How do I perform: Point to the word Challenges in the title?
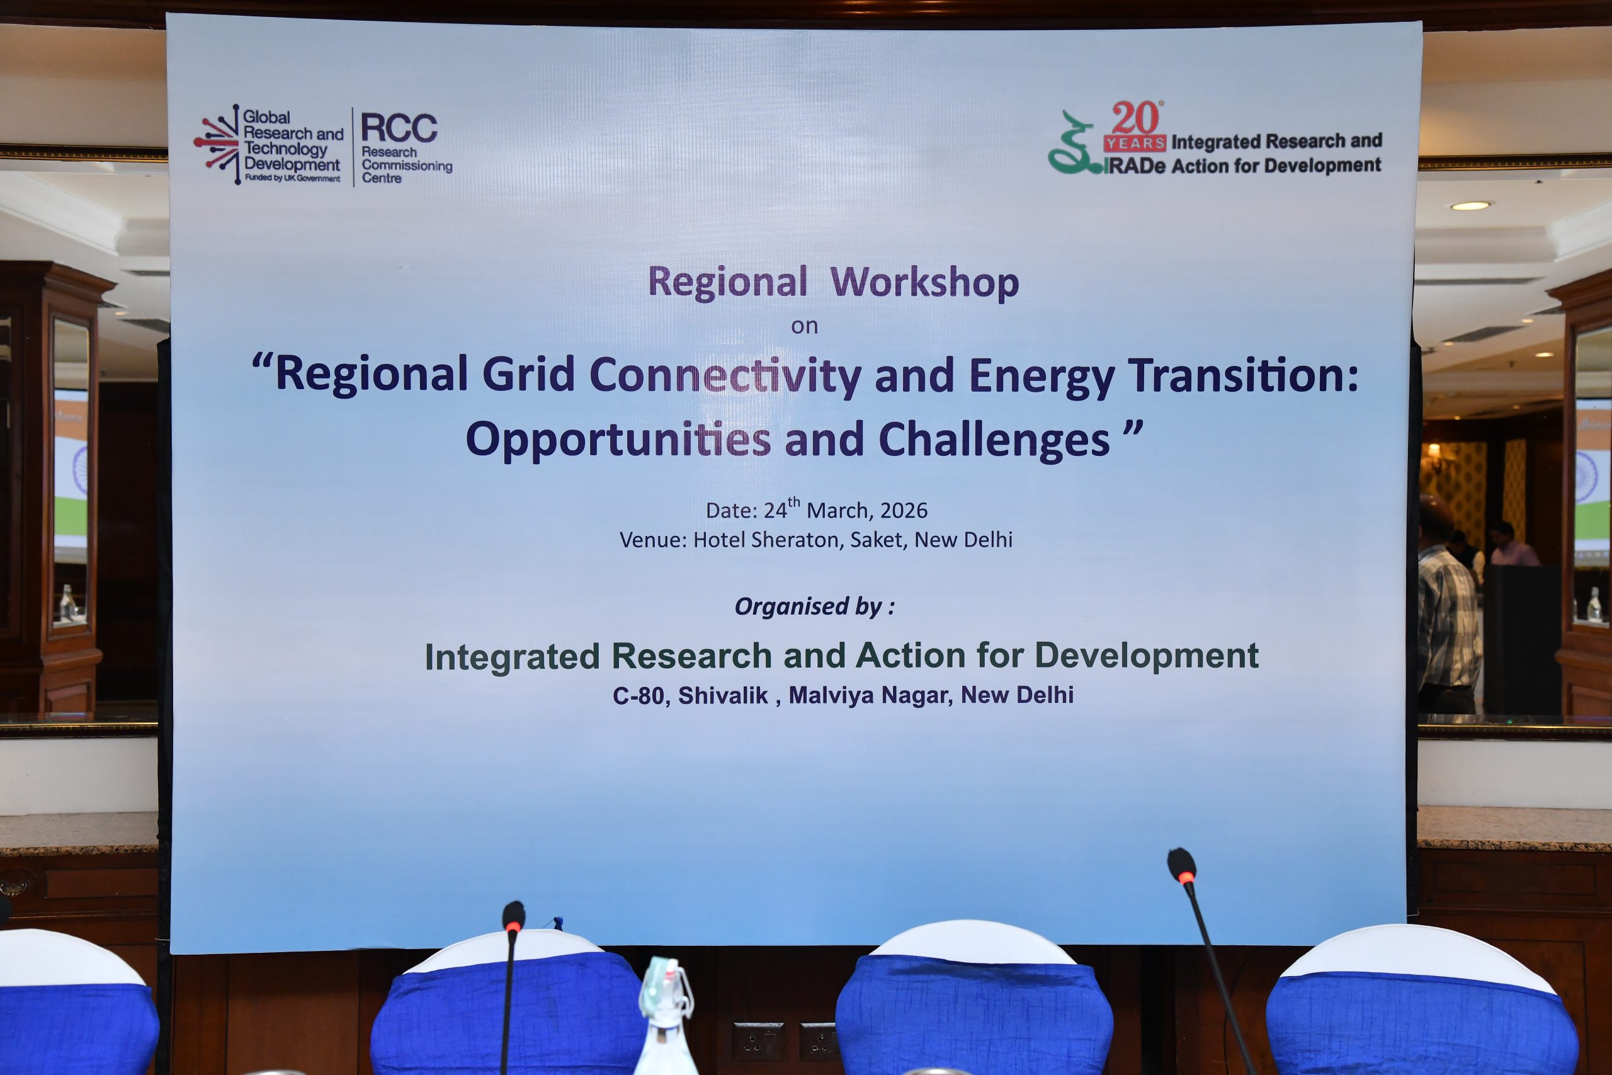(x=994, y=440)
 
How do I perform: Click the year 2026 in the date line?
(x=904, y=511)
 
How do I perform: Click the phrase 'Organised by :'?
(x=814, y=606)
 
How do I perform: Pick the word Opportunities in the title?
(x=618, y=440)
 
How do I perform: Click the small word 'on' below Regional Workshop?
(x=805, y=326)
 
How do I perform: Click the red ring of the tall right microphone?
(x=1187, y=877)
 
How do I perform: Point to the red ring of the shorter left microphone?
(x=513, y=926)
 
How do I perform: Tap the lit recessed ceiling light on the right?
(x=1470, y=206)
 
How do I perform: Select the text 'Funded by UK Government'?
(x=293, y=178)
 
